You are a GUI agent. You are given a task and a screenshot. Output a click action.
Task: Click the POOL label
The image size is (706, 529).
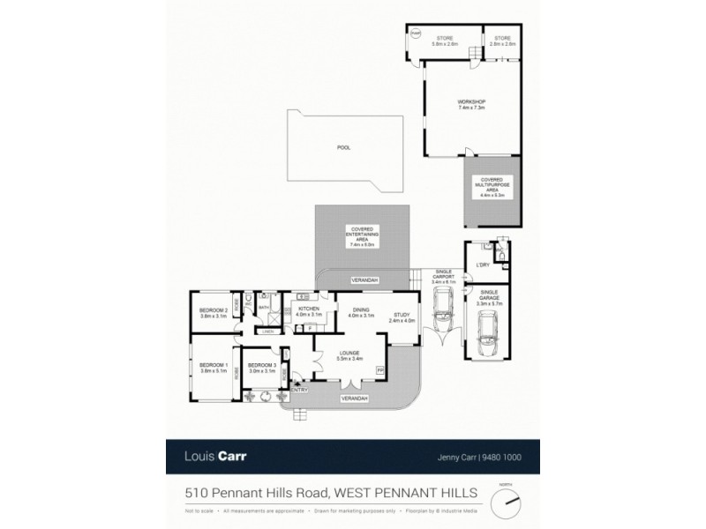343,147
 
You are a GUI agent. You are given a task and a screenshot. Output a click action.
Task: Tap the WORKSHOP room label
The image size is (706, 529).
471,102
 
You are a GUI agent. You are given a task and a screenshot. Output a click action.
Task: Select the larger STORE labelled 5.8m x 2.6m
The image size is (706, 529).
443,41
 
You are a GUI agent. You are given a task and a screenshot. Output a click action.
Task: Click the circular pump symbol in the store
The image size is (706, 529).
416,36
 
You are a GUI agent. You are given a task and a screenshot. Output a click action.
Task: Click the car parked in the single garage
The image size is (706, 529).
485,334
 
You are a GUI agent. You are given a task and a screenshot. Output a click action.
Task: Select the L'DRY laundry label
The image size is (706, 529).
482,264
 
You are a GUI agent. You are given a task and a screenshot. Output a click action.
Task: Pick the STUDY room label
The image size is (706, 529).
401,316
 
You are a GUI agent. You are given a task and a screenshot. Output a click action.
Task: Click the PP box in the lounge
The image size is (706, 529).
381,371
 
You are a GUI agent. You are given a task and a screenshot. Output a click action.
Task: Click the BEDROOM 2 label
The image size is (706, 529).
214,310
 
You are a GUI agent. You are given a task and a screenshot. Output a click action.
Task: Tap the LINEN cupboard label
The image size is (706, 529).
265,332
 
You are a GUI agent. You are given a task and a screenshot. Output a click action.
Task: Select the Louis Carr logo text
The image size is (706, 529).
215,458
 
